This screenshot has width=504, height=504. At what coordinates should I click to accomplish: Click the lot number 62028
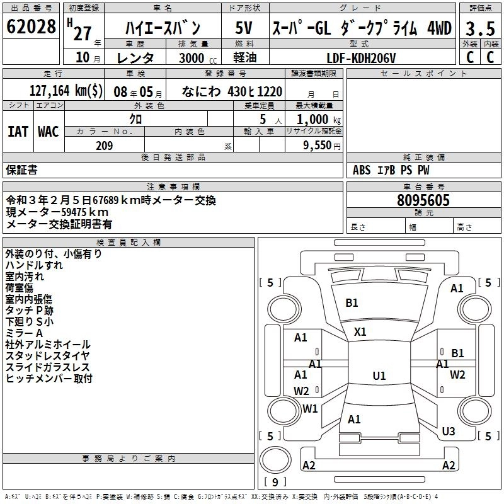coord(31,27)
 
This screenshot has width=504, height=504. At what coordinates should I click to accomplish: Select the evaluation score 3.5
coord(480,30)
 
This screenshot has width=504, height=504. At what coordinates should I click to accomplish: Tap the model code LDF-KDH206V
coord(361,58)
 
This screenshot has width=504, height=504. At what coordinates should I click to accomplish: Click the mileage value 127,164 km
coord(66,91)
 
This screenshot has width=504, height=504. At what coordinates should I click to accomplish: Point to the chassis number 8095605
coord(423,200)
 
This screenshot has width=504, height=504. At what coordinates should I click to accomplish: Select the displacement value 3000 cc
coord(193,58)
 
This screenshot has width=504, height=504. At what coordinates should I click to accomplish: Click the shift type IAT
coord(18,131)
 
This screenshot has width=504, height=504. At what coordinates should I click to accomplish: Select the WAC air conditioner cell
coord(49,131)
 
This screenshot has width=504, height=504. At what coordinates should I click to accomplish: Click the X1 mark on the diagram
coord(360,331)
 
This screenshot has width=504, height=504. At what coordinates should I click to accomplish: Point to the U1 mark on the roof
coord(379,376)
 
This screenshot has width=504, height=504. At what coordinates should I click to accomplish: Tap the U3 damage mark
coord(448,432)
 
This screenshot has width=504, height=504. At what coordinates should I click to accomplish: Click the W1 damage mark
coord(310,408)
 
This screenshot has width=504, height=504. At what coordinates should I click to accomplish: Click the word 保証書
coord(21,170)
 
